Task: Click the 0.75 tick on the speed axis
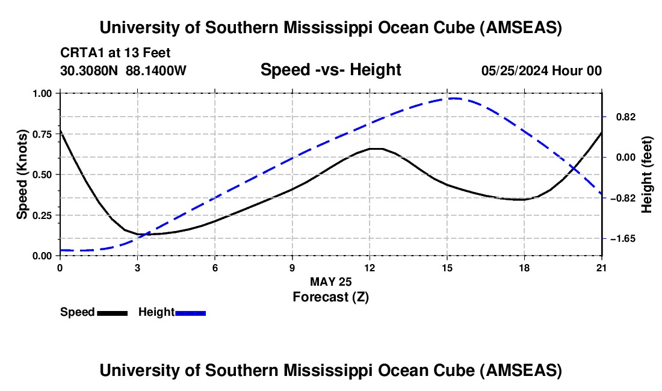click(x=43, y=134)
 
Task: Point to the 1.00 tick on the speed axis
click(x=43, y=93)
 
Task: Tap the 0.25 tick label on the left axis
click(x=43, y=215)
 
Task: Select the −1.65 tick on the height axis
click(x=620, y=239)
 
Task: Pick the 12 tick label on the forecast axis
click(x=370, y=268)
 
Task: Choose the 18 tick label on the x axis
click(x=524, y=268)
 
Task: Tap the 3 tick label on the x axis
click(x=137, y=268)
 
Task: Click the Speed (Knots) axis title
click(x=22, y=174)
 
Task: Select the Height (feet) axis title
click(x=647, y=174)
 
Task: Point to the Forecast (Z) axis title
click(x=330, y=297)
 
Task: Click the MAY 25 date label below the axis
click(x=330, y=282)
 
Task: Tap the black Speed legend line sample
click(x=112, y=312)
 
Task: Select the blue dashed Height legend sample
click(x=190, y=312)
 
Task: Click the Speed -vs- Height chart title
click(x=330, y=70)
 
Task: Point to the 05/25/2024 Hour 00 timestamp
click(x=541, y=70)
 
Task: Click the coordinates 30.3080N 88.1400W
click(x=123, y=70)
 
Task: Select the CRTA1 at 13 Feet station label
click(x=116, y=53)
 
